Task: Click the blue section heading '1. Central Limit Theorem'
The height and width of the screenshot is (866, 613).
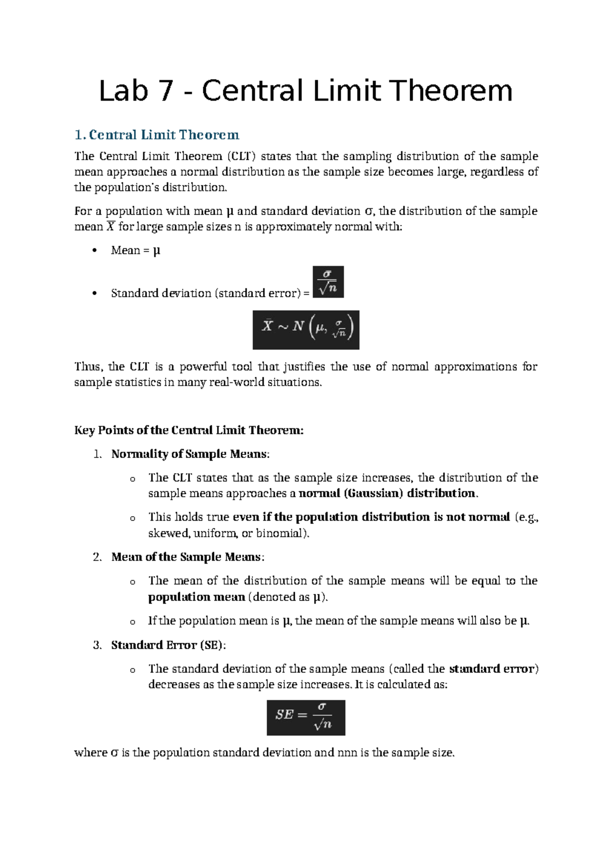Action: [x=157, y=135]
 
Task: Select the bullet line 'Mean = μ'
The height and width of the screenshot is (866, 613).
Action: [x=135, y=250]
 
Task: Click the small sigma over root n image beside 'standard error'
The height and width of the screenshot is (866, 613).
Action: [x=327, y=282]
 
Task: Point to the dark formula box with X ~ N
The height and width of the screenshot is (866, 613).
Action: [x=306, y=330]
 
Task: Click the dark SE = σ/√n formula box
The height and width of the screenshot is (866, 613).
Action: [x=306, y=717]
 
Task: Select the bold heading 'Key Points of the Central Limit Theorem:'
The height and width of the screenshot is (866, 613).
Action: [x=189, y=430]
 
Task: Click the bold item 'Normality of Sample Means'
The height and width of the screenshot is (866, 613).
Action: [x=189, y=454]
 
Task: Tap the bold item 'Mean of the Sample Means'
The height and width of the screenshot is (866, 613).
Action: [x=186, y=557]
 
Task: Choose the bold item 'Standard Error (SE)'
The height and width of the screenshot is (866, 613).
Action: [x=168, y=645]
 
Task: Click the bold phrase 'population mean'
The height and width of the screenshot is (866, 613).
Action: [x=196, y=597]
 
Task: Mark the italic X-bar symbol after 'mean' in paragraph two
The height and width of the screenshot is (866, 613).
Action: [x=110, y=227]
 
